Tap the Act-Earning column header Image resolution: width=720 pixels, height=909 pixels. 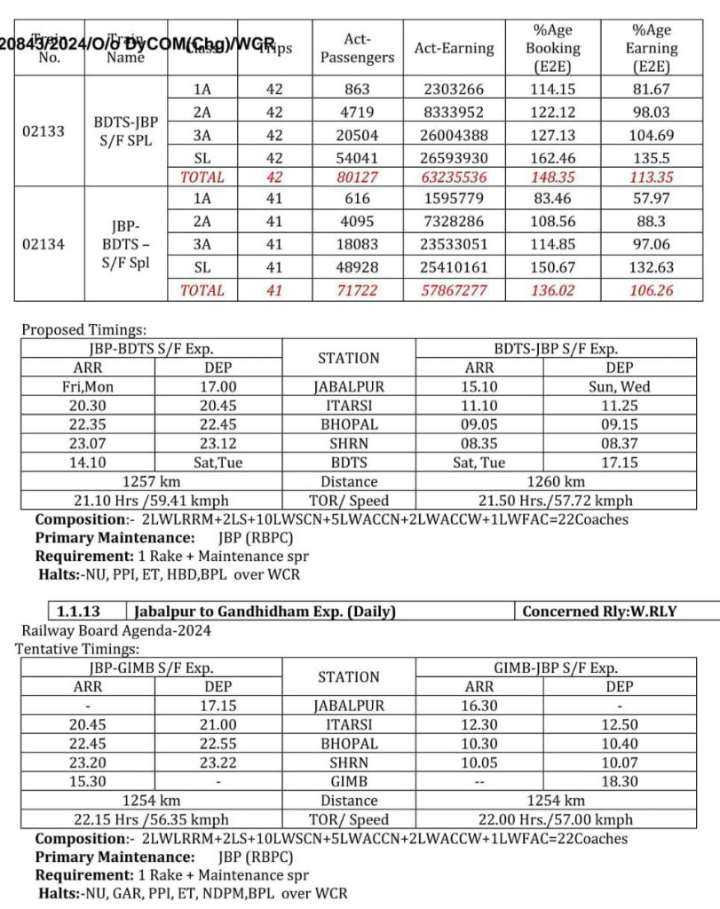click(454, 48)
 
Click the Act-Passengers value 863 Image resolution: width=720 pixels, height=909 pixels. click(356, 90)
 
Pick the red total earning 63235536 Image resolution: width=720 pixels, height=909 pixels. click(454, 178)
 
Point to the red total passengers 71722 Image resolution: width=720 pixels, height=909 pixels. click(356, 289)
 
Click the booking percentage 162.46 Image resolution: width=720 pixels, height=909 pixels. click(551, 156)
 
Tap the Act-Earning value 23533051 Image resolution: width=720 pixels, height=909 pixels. click(454, 245)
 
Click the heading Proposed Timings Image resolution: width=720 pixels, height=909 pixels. click(80, 329)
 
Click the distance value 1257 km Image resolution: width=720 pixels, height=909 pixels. click(151, 482)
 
